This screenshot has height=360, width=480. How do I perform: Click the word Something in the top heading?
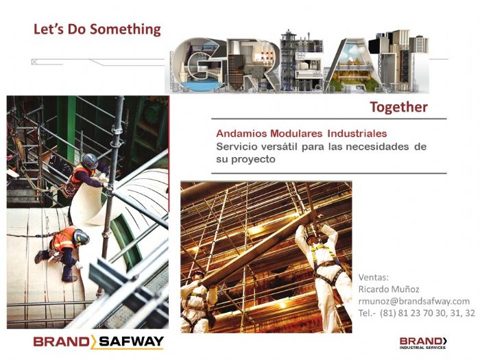pyautogui.click(x=125, y=29)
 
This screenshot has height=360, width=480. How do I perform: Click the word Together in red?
pyautogui.click(x=398, y=107)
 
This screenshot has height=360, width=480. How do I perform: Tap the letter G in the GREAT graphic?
pyautogui.click(x=199, y=66)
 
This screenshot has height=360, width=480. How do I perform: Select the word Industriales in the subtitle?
pyautogui.click(x=357, y=133)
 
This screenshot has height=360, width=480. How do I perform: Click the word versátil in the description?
pyautogui.click(x=280, y=147)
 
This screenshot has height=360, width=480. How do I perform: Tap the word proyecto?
pyautogui.click(x=254, y=159)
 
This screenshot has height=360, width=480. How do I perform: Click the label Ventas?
pyautogui.click(x=374, y=277)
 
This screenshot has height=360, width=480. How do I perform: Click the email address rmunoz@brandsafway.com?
pyautogui.click(x=414, y=301)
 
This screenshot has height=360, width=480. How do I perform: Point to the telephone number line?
pyautogui.click(x=416, y=313)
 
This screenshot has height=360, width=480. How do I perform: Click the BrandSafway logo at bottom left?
pyautogui.click(x=98, y=341)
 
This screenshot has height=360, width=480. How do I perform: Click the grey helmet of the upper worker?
pyautogui.click(x=90, y=161)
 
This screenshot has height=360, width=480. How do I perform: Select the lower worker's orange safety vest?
pyautogui.click(x=64, y=240)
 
